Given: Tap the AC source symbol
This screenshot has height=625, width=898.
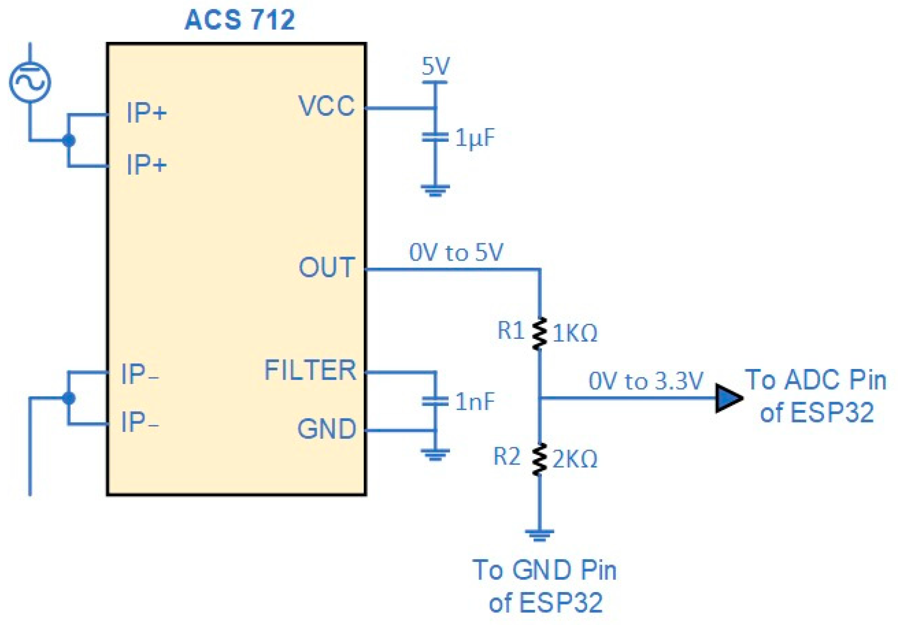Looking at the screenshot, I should [x=30, y=82].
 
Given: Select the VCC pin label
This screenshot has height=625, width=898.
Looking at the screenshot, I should [x=326, y=106].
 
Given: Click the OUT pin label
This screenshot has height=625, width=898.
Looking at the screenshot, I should [x=326, y=267].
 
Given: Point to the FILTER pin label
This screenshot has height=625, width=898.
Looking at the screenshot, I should [x=310, y=370].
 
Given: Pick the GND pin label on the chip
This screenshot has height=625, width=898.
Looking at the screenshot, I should [x=326, y=429].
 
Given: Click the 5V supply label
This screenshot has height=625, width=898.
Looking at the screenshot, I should [x=435, y=66].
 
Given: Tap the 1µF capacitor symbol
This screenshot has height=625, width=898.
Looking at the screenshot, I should [x=434, y=137].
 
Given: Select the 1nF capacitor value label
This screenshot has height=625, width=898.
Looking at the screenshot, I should [x=474, y=401].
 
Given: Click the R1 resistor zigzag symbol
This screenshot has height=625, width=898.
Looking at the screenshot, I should [x=539, y=334].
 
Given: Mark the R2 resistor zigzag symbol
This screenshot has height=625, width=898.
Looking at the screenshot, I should [x=539, y=459].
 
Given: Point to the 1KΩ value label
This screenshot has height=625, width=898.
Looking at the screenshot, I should [x=574, y=334].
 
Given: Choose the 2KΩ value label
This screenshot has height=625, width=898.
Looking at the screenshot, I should [x=574, y=459].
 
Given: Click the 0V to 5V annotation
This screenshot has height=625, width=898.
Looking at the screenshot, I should [x=455, y=252].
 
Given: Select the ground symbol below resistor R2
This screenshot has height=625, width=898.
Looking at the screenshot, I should [x=539, y=535].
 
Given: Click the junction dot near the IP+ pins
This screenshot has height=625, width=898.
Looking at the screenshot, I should [x=69, y=140].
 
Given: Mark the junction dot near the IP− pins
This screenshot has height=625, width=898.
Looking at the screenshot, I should [x=69, y=398].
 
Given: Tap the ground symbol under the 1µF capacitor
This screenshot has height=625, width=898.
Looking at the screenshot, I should [x=434, y=190].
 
